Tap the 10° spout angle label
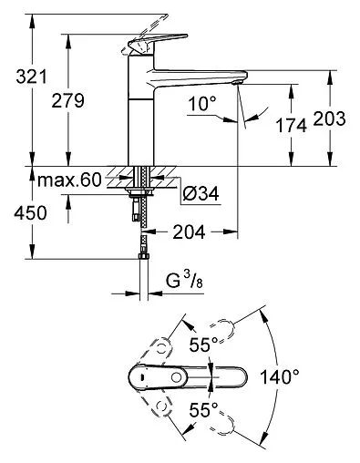205,106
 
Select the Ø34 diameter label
198,193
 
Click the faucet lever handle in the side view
140,46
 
